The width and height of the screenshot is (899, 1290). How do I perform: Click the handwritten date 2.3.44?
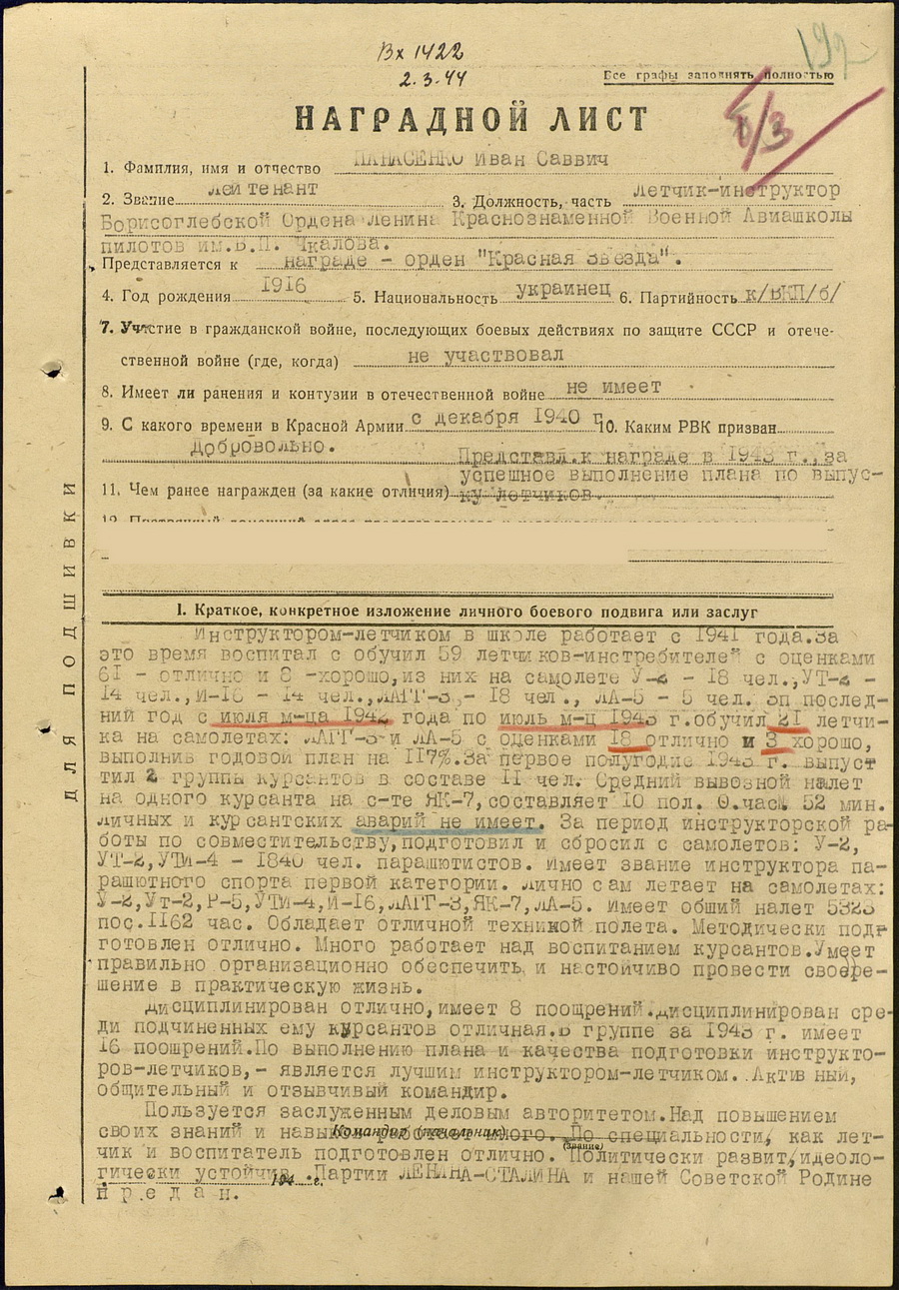[x=431, y=79]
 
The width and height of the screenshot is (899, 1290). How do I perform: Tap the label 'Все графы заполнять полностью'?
[x=717, y=76]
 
